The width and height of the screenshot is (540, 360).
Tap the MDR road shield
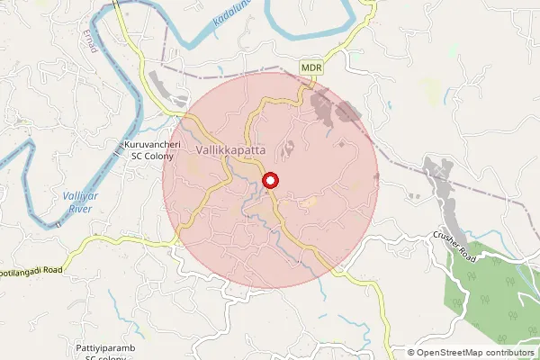(x=311, y=67)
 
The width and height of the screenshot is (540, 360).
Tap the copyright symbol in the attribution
(x=411, y=352)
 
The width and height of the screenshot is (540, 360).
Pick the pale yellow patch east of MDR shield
(x=430, y=87)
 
